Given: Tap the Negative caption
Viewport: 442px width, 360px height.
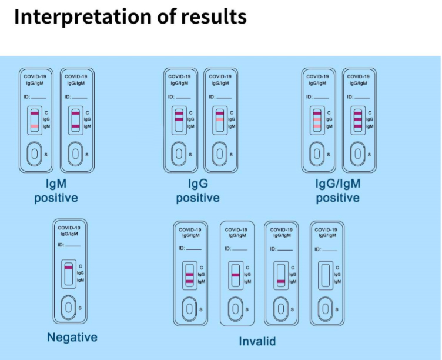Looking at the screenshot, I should click(72, 337).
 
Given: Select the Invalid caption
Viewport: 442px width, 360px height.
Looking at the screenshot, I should click(257, 341).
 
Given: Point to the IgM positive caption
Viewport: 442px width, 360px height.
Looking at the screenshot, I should click(56, 191).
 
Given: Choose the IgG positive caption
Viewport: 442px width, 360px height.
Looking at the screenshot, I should click(198, 191).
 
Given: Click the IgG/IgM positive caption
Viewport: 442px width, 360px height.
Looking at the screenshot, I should click(338, 191).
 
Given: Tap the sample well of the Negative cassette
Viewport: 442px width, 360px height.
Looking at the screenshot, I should click(69, 307).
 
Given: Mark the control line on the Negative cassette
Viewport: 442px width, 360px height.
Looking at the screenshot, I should click(69, 268).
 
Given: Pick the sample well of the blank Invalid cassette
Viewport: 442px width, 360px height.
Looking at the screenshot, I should click(324, 308).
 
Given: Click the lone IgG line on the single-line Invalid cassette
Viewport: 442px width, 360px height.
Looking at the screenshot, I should click(235, 275).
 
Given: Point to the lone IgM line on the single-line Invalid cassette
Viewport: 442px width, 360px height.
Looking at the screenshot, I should click(280, 282).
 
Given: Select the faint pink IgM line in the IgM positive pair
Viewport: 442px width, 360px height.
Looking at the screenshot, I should click(34, 126).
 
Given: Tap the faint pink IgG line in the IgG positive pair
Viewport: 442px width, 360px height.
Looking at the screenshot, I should click(219, 119).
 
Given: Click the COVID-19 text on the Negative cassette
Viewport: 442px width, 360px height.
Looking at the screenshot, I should click(69, 228).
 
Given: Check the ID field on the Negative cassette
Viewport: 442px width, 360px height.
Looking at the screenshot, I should click(69, 244).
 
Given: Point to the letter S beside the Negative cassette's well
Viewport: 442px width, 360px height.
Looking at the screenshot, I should click(81, 308).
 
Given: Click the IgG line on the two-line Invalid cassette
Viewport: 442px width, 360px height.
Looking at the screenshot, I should click(189, 275).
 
